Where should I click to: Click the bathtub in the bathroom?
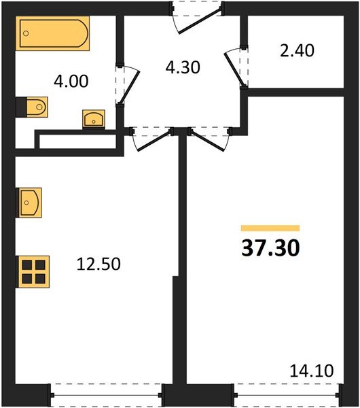pos(53,33)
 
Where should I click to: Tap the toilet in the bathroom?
pos(32,107)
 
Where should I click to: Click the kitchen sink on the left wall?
pos(29,201)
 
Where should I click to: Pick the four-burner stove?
pos(32,271)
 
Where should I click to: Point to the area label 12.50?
pos(99,264)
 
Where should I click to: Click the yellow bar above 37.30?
pos(270,228)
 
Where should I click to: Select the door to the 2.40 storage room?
pos(237,66)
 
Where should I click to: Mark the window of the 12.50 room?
pos(107,393)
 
